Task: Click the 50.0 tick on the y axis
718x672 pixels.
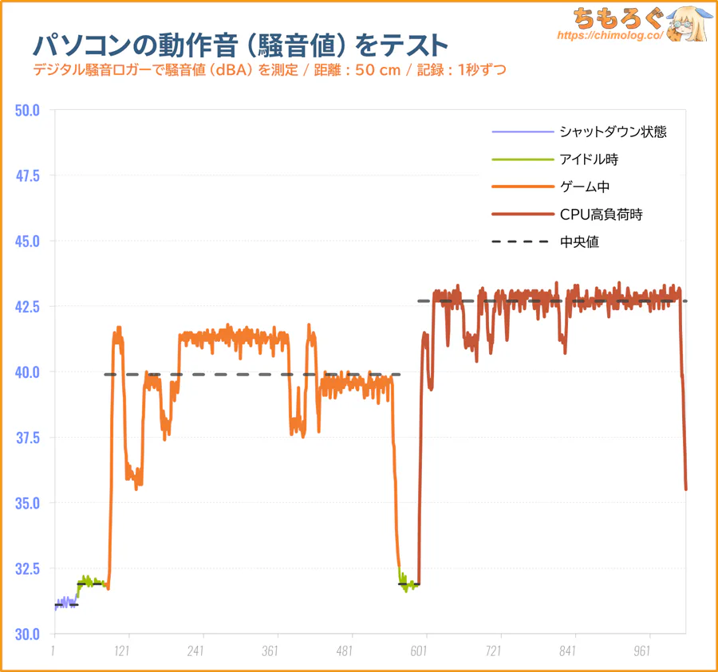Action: tap(28, 110)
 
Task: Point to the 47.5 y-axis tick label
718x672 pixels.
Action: tap(28, 175)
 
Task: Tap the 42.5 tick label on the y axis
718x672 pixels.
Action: tap(28, 306)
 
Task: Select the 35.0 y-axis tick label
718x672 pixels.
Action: tap(28, 503)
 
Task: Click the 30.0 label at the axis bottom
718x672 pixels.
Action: tap(28, 634)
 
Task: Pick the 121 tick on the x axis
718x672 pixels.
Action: tap(122, 650)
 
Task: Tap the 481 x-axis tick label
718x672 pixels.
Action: tap(345, 650)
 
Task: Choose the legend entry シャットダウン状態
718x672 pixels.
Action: tap(613, 132)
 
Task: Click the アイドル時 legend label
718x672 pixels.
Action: tap(589, 159)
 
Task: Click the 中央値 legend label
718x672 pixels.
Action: tap(579, 242)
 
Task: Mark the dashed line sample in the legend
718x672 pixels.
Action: tap(523, 242)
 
